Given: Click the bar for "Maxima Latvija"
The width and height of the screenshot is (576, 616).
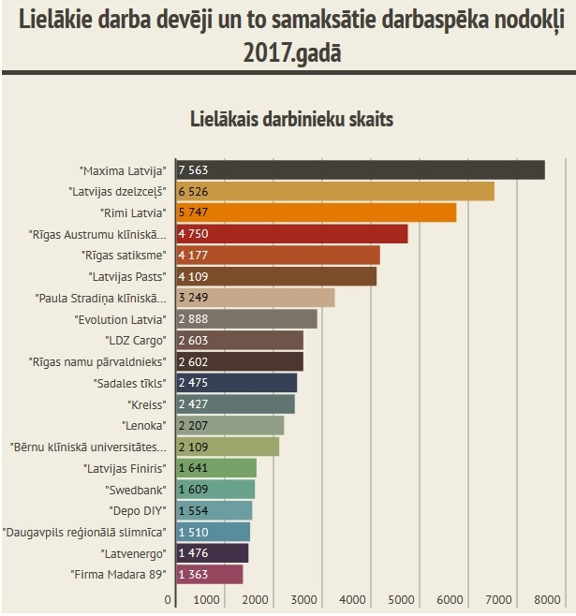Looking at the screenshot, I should [x=361, y=170].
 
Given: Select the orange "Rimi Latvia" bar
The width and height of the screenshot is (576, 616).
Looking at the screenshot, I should [x=316, y=213].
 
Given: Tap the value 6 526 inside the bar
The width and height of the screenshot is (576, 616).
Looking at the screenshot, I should [x=194, y=191].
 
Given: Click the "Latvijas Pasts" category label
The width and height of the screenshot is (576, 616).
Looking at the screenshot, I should [x=126, y=277].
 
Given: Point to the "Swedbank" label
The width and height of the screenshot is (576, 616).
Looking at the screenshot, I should [x=137, y=490].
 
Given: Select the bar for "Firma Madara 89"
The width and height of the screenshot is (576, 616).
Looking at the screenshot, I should [x=210, y=574].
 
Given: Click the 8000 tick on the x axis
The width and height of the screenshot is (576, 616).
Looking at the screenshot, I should [x=546, y=600].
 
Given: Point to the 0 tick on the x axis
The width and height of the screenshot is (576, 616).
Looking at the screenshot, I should [x=170, y=600].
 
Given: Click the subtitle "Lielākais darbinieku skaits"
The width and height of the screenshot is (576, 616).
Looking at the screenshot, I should [x=291, y=120].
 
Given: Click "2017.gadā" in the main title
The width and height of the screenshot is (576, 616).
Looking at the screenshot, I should [x=291, y=53].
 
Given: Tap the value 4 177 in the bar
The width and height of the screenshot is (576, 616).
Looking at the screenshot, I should [x=194, y=256].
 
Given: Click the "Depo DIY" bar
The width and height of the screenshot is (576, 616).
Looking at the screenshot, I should [x=214, y=510].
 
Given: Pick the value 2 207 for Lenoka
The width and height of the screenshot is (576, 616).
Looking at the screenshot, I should [x=194, y=426].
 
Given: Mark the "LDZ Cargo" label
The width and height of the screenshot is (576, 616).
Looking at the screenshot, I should [x=132, y=341].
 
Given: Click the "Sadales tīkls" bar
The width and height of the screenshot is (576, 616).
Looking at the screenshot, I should [x=237, y=383].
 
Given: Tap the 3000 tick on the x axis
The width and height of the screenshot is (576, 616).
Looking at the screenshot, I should [x=303, y=600].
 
